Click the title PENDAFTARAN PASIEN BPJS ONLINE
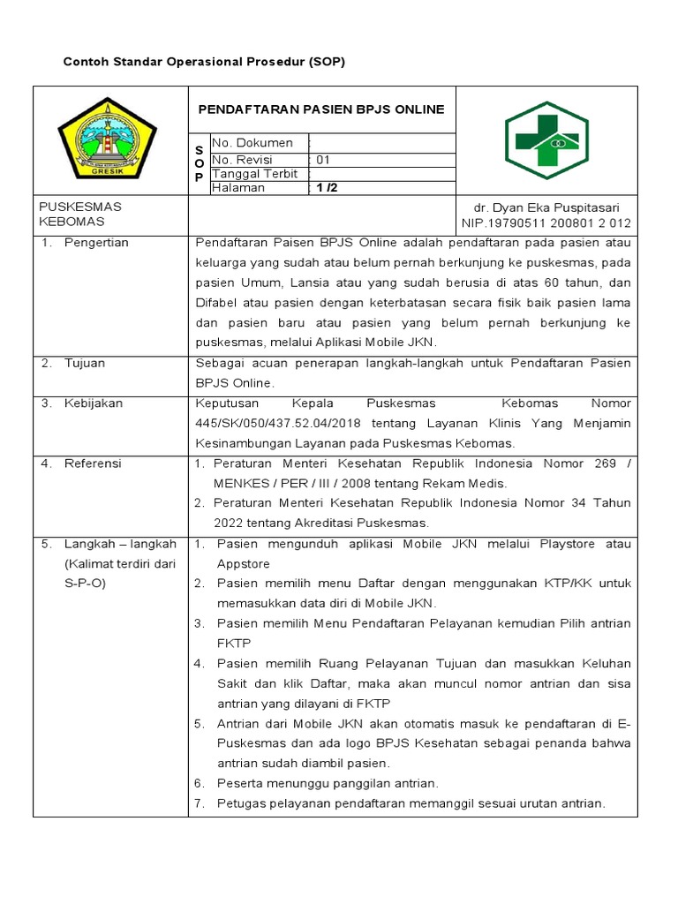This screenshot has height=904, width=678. (321, 109)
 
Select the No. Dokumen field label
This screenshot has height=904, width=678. (252, 143)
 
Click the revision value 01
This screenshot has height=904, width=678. (323, 161)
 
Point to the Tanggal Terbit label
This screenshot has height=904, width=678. (255, 174)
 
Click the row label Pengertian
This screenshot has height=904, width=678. (96, 243)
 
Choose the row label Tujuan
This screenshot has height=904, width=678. (85, 363)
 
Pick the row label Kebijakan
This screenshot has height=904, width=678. (93, 403)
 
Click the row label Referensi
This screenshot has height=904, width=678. (93, 463)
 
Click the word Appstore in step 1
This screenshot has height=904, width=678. (244, 564)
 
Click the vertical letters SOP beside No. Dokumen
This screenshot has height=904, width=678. (200, 164)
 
